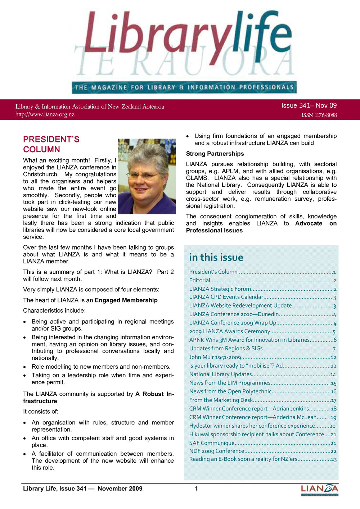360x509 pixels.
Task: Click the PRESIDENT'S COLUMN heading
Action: pyautogui.click(x=51, y=144)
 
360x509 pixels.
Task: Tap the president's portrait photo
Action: pyautogui.click(x=147, y=176)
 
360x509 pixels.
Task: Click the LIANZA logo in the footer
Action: pyautogui.click(x=319, y=489)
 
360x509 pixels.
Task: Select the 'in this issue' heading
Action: pyautogui.click(x=216, y=258)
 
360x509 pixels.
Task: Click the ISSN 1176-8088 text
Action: pyautogui.click(x=319, y=115)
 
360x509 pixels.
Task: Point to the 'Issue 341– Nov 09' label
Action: pyautogui.click(x=309, y=105)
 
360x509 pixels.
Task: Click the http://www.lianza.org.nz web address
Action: pyautogui.click(x=45, y=114)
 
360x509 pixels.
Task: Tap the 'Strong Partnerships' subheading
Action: pyautogui.click(x=215, y=154)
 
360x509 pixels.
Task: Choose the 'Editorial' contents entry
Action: pyautogui.click(x=200, y=281)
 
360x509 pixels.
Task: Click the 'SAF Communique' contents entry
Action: pyautogui.click(x=212, y=443)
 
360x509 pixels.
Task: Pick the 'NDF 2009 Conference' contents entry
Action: pyautogui.click(x=217, y=451)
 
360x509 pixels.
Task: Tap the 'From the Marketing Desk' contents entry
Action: pyautogui.click(x=221, y=400)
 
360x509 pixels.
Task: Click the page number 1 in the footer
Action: pyautogui.click(x=196, y=488)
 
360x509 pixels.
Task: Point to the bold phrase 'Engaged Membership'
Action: pyautogui.click(x=126, y=300)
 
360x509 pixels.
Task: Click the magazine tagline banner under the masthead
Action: pyautogui.click(x=184, y=87)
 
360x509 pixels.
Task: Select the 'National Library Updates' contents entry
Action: pyautogui.click(x=220, y=374)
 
